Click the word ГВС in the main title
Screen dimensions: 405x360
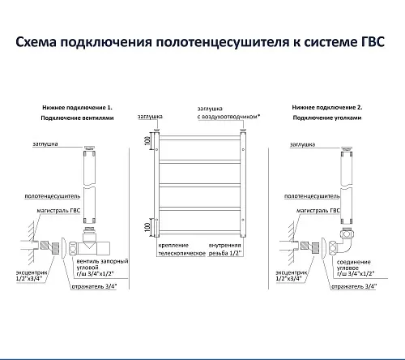(x=373, y=42)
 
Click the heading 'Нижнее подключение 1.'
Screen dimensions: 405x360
(x=77, y=108)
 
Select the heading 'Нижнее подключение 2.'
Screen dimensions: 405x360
(x=327, y=108)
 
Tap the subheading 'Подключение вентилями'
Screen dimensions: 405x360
(x=77, y=118)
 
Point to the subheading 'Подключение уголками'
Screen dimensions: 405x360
(x=327, y=118)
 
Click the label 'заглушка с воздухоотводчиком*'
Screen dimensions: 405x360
(x=228, y=113)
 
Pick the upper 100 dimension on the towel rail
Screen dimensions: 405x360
(x=147, y=140)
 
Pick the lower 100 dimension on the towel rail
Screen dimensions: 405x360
(x=147, y=227)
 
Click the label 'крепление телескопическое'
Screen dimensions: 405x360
(x=181, y=250)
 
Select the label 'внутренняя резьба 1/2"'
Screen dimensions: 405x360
(x=225, y=250)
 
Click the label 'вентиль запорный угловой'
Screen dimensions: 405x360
(x=102, y=264)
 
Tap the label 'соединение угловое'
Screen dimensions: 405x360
(x=354, y=265)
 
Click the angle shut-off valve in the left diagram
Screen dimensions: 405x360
(x=89, y=242)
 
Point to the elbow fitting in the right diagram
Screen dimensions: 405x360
(x=342, y=242)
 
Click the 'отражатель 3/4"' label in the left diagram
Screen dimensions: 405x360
(x=94, y=286)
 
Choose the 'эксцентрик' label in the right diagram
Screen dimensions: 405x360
(x=291, y=273)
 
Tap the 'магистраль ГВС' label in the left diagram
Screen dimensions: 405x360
(x=58, y=211)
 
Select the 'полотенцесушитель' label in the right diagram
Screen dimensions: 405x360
(x=312, y=196)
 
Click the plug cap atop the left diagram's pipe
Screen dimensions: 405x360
(x=89, y=148)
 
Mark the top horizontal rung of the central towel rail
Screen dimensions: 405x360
(x=199, y=138)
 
